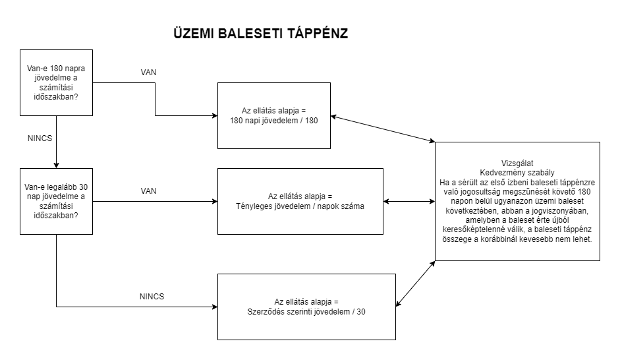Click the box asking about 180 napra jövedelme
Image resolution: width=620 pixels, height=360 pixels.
(56, 82)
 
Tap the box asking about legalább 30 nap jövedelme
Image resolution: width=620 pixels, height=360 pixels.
(56, 200)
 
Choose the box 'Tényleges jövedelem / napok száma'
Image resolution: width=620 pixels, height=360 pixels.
(300, 201)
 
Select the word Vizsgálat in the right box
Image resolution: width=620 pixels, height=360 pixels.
(517, 161)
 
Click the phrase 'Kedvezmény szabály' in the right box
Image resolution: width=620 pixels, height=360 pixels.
(517, 170)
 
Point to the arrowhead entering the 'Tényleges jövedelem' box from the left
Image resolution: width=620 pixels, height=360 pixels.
(213, 201)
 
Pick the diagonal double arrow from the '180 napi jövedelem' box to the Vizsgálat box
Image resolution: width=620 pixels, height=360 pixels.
(382, 129)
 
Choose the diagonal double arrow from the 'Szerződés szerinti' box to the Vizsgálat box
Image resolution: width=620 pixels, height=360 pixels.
(415, 284)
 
